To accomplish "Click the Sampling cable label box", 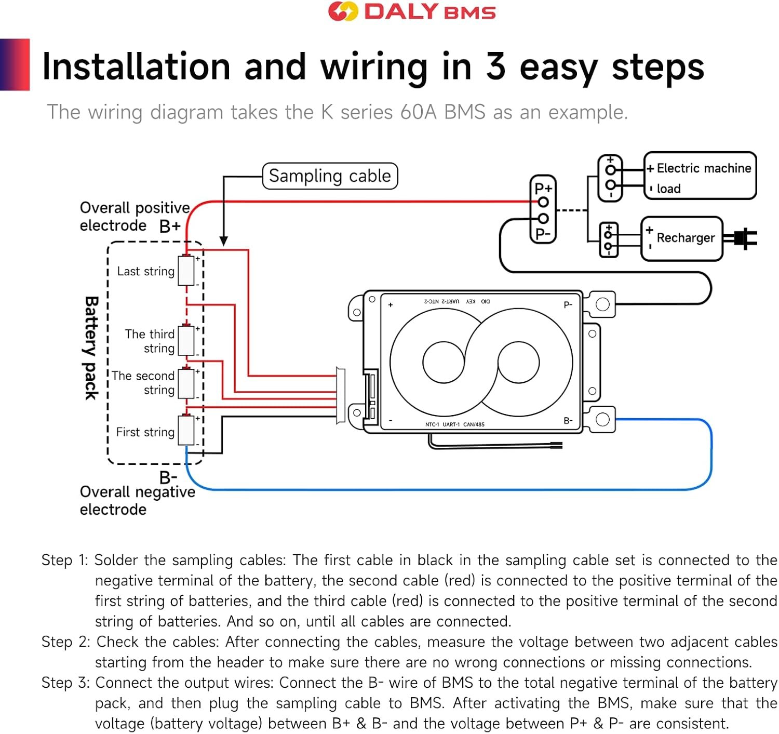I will tap(330, 176).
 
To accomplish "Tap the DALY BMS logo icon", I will tap(343, 11).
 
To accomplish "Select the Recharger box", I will tap(682, 238).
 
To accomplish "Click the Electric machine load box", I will tap(700, 176).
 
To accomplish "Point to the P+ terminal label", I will tap(543, 188).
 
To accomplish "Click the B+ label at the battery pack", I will tap(170, 226).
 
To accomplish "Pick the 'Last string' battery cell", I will tap(186, 271).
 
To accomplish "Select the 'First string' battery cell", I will tap(186, 430).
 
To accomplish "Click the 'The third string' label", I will tap(150, 341).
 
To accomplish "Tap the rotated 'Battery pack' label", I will tap(91, 348).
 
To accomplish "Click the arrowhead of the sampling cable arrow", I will tap(224, 241).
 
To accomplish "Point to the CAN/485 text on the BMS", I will tap(474, 424).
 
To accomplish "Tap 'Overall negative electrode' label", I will tap(137, 500).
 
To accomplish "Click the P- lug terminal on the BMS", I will tap(602, 304).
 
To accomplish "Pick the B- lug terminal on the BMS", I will tap(602, 419).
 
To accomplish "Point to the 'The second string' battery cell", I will tap(186, 383).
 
